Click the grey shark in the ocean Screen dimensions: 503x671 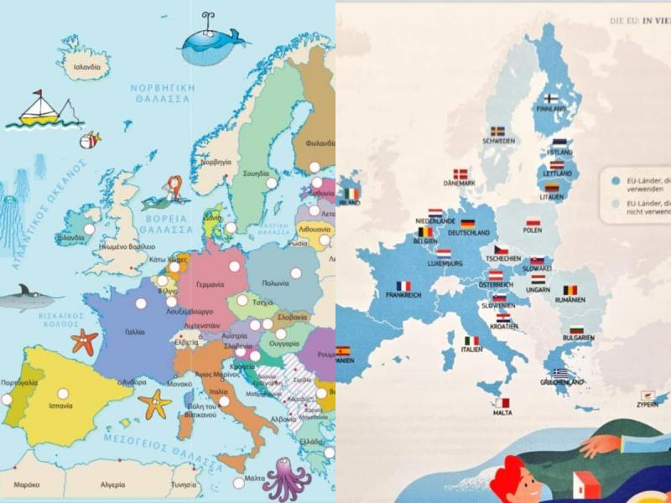pos(25,296)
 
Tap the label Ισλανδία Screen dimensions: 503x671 pos(87,66)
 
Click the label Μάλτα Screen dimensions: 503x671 pos(254,478)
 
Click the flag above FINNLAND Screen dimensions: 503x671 pos(552,97)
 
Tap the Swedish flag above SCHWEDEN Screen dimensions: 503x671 pos(497,131)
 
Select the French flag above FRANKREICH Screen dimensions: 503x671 pos(403,284)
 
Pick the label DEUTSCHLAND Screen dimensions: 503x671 pos(469,232)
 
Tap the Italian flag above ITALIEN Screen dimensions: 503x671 pos(472,340)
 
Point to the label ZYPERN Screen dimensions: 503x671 pos(647,403)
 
